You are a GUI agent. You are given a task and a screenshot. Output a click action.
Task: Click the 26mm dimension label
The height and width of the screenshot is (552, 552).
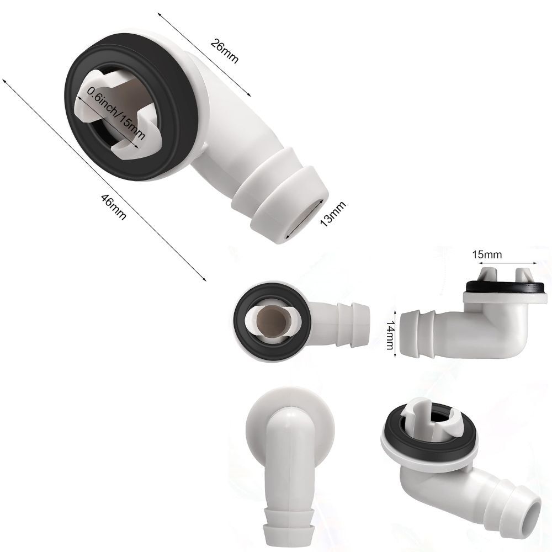tap(224, 51)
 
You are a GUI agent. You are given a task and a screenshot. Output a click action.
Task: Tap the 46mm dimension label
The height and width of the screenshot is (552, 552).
tap(113, 207)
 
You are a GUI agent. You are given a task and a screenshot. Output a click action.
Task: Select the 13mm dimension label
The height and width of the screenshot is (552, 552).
tap(333, 214)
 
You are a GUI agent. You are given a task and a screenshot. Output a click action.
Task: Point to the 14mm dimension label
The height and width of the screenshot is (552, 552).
tap(390, 335)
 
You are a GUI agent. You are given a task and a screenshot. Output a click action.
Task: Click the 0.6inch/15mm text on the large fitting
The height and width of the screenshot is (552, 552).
tap(116, 113)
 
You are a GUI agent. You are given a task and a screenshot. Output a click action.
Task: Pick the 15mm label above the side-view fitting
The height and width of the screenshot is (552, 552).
tap(487, 254)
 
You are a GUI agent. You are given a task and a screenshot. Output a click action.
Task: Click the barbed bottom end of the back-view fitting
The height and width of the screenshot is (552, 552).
tap(288, 532)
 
